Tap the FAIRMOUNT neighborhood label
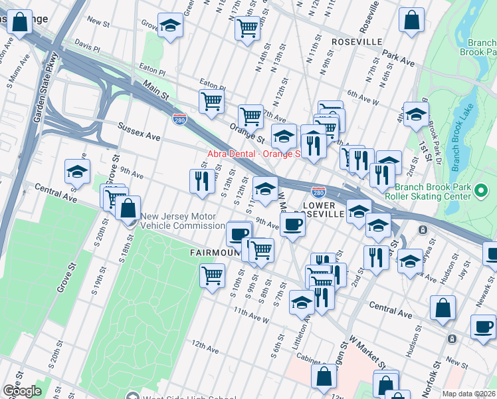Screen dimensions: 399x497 coord(213,253)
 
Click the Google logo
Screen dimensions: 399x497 coord(22,390)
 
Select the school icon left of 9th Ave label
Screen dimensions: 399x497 coord(77,172)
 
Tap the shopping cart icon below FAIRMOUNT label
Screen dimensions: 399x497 coord(212,274)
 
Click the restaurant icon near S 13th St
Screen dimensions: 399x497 coord(200,180)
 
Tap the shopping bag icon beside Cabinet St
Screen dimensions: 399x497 coord(324,376)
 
